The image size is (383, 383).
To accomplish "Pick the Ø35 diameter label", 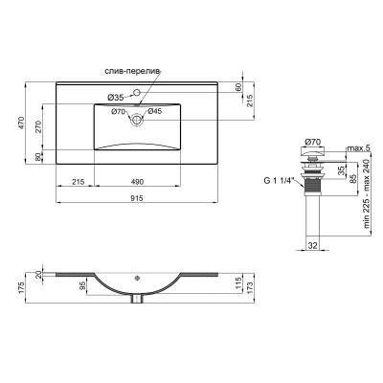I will click(115, 97).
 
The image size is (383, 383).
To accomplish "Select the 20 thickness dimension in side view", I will click(39, 277).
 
